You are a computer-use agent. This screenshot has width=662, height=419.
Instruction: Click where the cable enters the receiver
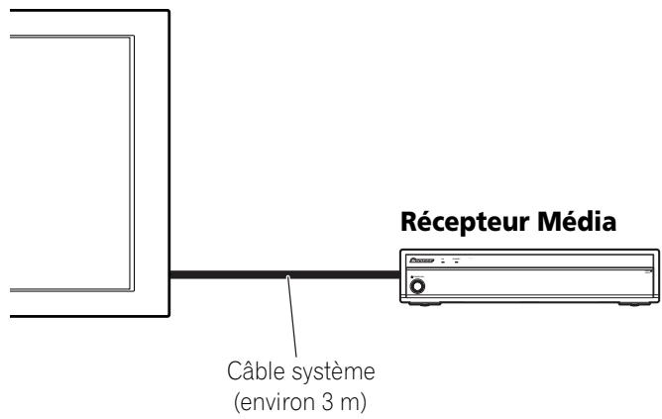pos(397,274)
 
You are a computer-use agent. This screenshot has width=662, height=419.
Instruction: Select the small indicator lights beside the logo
pos(454,262)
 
